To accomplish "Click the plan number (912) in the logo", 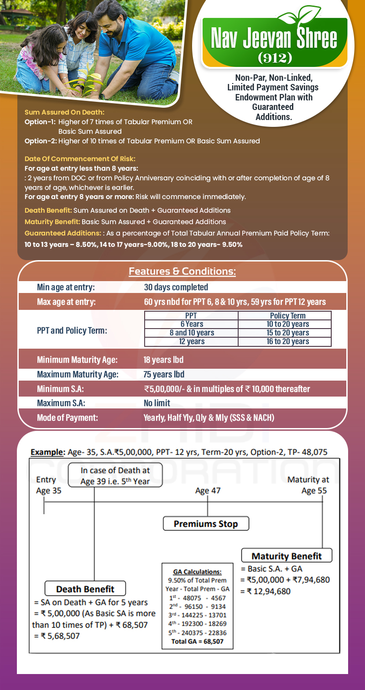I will (x=275, y=58).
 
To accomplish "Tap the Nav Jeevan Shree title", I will (x=274, y=39).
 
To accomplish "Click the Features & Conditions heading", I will (x=182, y=272).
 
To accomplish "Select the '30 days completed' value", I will (x=176, y=287).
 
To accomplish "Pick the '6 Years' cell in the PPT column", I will (x=192, y=324).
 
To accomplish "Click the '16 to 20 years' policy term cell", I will (x=288, y=341).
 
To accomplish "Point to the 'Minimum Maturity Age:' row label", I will (x=77, y=360).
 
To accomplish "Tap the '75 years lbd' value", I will (x=164, y=375).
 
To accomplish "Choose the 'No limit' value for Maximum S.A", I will (x=157, y=403).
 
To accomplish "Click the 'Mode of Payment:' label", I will (x=67, y=418).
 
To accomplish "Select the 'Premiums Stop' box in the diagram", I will (x=206, y=524).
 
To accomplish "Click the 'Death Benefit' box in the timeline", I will (x=85, y=589).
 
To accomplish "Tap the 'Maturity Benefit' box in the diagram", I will (x=287, y=556).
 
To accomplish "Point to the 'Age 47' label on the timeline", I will (x=208, y=491).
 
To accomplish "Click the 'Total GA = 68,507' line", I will (x=197, y=641).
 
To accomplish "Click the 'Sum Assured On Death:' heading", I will (x=64, y=112).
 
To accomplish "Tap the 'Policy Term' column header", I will (x=288, y=316).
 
